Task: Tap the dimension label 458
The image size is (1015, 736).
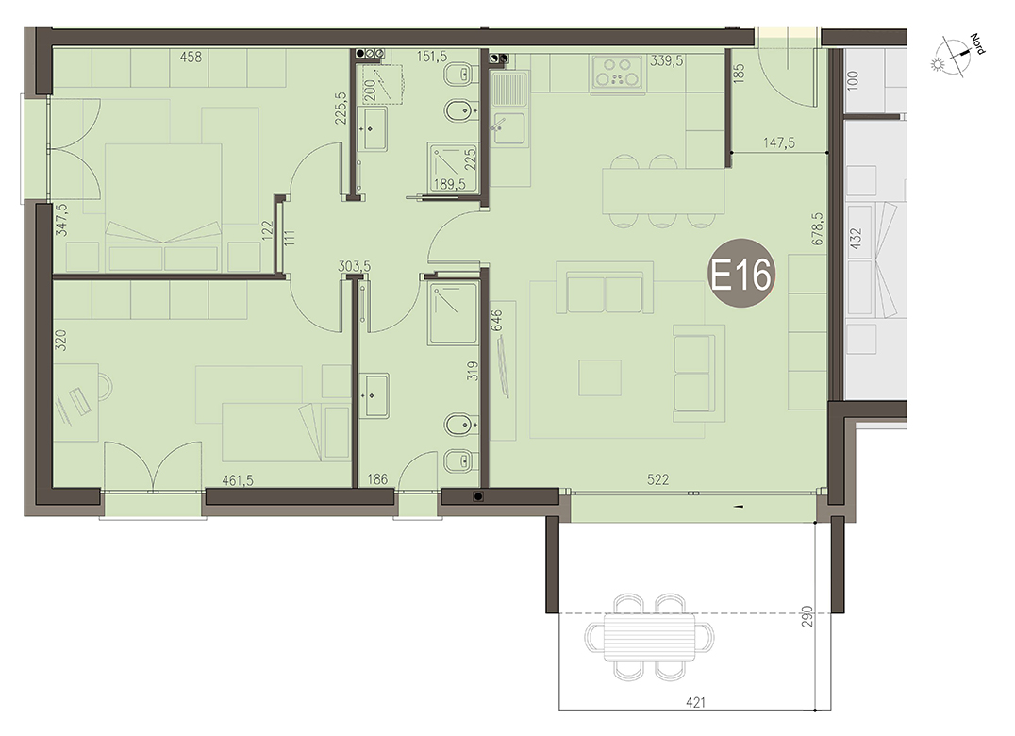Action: (191, 58)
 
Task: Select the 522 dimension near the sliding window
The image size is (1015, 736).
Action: (657, 479)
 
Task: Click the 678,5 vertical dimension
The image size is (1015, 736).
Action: (818, 228)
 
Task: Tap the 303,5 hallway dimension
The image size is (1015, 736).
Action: (354, 266)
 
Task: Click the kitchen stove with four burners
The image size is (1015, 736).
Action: (618, 72)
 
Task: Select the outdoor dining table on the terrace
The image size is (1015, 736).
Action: (650, 637)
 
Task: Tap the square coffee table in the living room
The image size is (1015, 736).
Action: (600, 377)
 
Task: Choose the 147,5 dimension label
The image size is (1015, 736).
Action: (779, 142)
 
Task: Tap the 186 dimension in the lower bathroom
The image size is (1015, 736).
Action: (376, 479)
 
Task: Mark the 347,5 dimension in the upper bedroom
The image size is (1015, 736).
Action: (61, 220)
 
